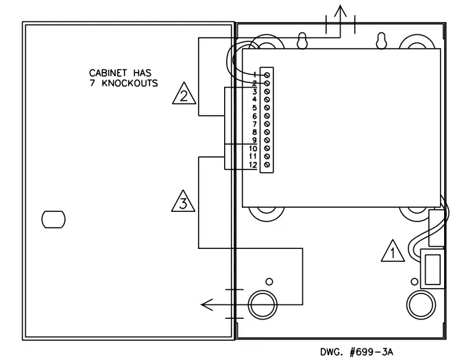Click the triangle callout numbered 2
(x=182, y=94)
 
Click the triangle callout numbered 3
(x=182, y=202)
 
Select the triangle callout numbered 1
(x=392, y=252)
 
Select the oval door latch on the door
(x=53, y=219)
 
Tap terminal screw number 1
(x=266, y=74)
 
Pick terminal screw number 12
(x=266, y=165)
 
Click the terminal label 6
(x=254, y=116)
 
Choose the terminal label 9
(x=254, y=140)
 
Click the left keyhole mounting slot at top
(x=300, y=42)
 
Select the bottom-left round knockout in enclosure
(x=262, y=302)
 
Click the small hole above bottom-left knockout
(x=269, y=281)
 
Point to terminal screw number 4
(x=266, y=99)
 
